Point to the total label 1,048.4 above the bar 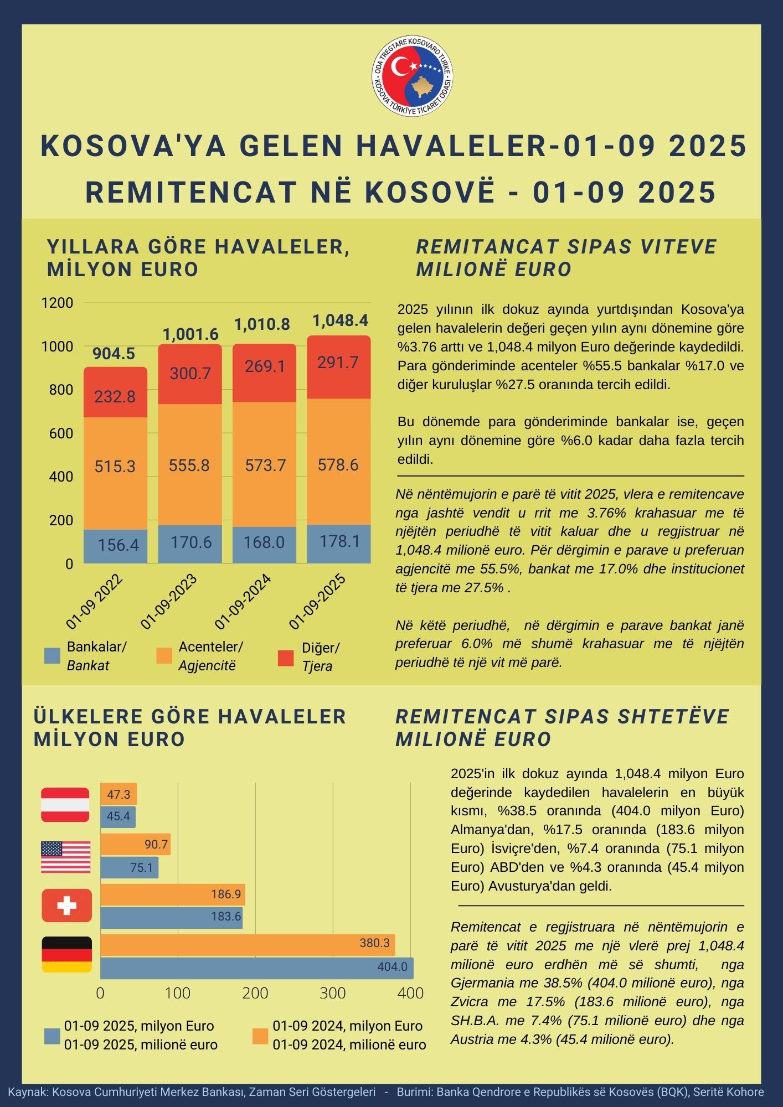[340, 320]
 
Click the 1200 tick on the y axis [57, 303]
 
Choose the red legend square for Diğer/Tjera [286, 658]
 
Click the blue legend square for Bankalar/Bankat [52, 656]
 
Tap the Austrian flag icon [65, 805]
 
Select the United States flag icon [65, 857]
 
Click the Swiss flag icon [66, 906]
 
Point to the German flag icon [66, 954]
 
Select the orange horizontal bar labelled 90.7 [135, 844]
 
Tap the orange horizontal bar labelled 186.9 [172, 894]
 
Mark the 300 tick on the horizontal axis [333, 993]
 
